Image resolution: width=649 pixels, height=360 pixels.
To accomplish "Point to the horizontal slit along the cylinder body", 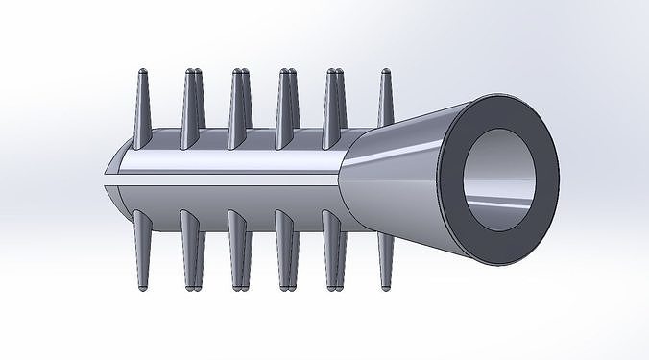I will tap(221, 180).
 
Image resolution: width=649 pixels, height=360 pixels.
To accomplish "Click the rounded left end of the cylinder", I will tap(113, 180).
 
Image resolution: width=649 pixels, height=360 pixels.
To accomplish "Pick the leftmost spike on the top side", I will tap(141, 110).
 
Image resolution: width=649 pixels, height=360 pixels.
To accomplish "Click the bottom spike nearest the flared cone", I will tap(386, 254).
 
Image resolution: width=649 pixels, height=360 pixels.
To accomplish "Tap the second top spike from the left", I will tap(191, 110).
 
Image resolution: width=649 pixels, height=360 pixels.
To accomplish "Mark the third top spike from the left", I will tap(238, 110).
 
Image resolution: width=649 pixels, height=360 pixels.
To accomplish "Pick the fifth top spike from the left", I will tap(335, 110).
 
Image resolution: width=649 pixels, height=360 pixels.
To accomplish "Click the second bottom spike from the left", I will tap(191, 250).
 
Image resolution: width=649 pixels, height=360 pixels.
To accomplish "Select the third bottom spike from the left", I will tap(238, 250).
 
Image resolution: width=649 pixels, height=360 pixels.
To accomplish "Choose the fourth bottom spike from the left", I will tap(286, 250).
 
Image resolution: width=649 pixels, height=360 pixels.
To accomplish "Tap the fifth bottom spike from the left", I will tap(335, 250).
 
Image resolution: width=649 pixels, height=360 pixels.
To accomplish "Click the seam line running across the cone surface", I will tap(394, 180).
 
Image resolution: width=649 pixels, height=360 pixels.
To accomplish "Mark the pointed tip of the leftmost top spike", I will tap(141, 72).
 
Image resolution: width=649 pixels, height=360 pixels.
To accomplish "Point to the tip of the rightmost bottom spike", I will tap(386, 286).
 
